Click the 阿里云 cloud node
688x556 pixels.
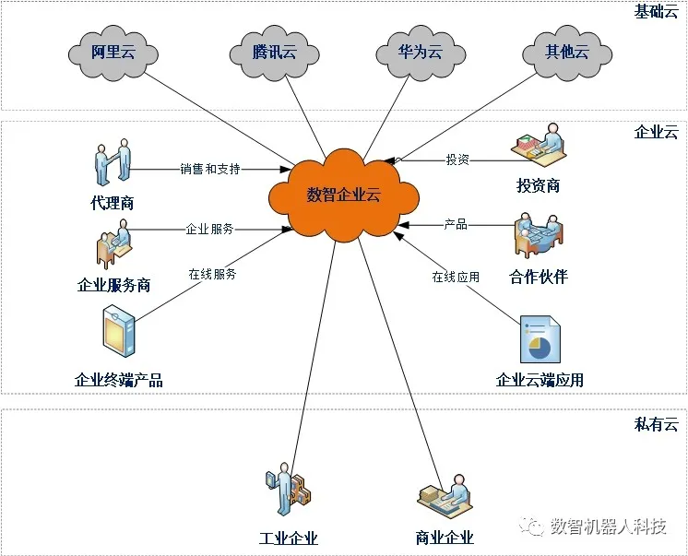pyautogui.click(x=113, y=53)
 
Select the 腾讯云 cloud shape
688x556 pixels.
pyautogui.click(x=274, y=53)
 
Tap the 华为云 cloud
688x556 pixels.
pyautogui.click(x=421, y=53)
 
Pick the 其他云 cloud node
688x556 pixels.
pyautogui.click(x=567, y=53)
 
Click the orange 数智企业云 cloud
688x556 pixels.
pyautogui.click(x=344, y=195)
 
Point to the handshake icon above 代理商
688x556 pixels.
pyautogui.click(x=113, y=162)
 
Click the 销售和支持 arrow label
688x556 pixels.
pyautogui.click(x=210, y=169)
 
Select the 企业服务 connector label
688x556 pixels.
pyautogui.click(x=209, y=229)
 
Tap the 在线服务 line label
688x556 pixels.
pyautogui.click(x=212, y=274)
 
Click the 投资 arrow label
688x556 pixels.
pyautogui.click(x=457, y=160)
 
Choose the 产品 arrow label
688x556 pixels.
pyautogui.click(x=456, y=225)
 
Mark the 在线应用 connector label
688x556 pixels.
pyautogui.click(x=456, y=277)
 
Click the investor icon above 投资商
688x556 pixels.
pyautogui.click(x=539, y=146)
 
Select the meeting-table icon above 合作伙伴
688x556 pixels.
pyautogui.click(x=539, y=236)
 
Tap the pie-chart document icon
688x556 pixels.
pyautogui.click(x=540, y=339)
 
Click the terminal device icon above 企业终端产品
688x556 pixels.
pyautogui.click(x=118, y=331)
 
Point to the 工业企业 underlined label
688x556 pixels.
pyautogui.click(x=289, y=538)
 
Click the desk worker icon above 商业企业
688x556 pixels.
pyautogui.click(x=445, y=496)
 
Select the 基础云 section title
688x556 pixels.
pyautogui.click(x=656, y=11)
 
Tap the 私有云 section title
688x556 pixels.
pyautogui.click(x=657, y=424)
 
